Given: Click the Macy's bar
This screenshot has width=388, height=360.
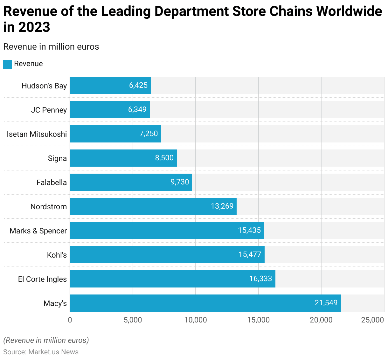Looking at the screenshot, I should coord(205,303).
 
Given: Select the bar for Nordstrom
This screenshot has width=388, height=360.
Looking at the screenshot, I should coord(153,206).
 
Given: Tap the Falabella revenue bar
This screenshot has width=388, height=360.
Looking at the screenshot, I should coord(131,182).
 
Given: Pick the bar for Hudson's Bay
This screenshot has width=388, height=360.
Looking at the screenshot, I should coord(110,86).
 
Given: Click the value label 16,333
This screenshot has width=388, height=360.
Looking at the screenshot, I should coord(260,279).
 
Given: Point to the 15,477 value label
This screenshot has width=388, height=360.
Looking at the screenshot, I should coord(250,254).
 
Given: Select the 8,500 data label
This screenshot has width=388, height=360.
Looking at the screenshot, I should coord(164,158).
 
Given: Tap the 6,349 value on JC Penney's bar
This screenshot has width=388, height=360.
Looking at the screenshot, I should coord(137,109).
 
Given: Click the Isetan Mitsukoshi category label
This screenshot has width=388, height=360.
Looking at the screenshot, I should coord(37,134).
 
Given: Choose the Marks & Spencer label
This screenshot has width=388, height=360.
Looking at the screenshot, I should coord(38,231).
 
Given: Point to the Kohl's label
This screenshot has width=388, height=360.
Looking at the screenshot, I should coord(57,255).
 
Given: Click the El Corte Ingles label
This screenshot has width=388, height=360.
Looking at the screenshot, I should coord(42,279).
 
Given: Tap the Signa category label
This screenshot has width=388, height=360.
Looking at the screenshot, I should coord(57,158).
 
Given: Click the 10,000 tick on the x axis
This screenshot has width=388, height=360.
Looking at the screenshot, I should coord(196,320).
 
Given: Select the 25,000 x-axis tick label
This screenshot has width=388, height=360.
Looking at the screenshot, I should coord(372,320).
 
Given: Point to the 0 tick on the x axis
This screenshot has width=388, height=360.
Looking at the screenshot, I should coord(70,320).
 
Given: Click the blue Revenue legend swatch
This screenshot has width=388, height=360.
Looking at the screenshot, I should coord(8,64).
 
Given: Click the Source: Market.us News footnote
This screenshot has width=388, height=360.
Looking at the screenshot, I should coord(41,352).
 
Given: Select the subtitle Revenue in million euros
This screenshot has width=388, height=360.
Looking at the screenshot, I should coord(51,47).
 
